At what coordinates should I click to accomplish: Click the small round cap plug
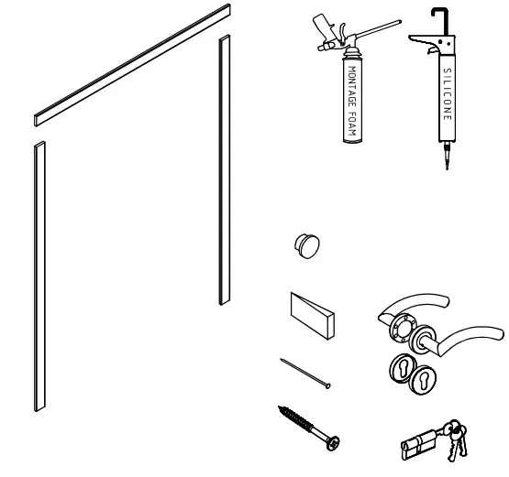coord(305,244)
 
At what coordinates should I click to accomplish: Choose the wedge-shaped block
coord(313,311)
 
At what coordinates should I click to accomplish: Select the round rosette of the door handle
coord(401,327)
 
